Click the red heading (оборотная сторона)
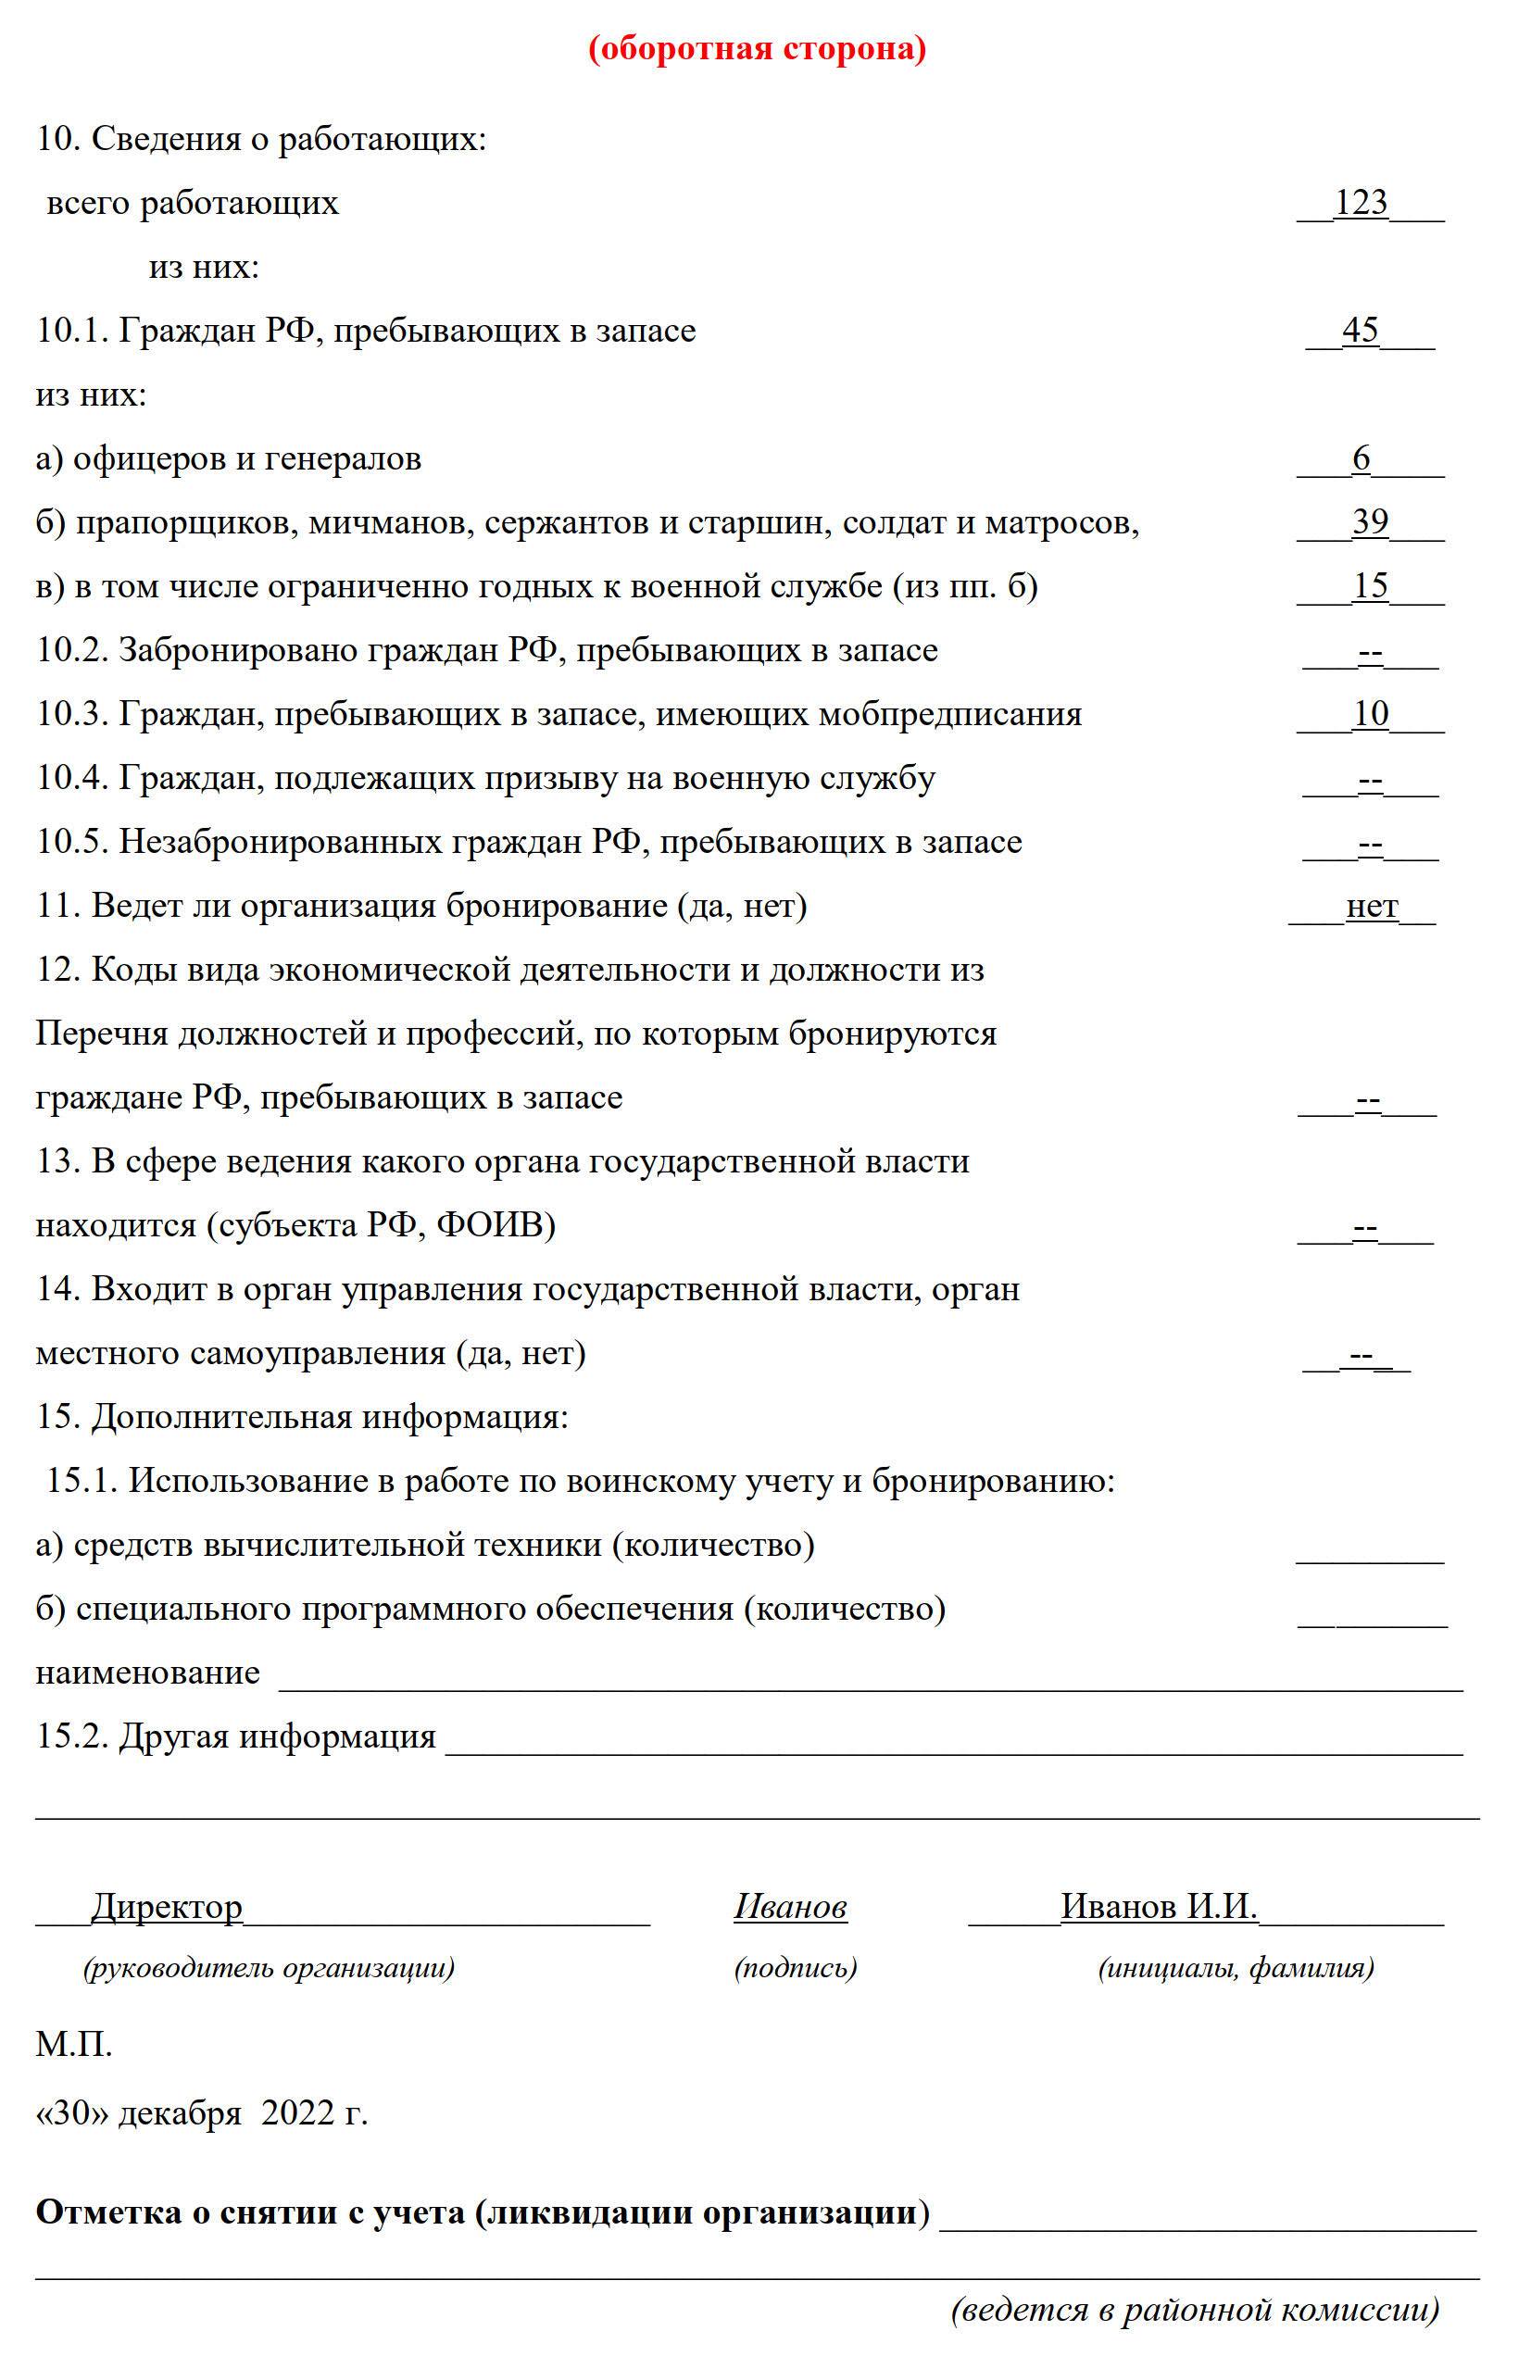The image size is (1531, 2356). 758,48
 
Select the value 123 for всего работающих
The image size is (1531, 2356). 1361,202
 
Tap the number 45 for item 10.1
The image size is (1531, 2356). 1361,330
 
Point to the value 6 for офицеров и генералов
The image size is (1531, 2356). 1362,458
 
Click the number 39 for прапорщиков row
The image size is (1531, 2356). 1371,521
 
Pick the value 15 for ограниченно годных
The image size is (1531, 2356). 1371,586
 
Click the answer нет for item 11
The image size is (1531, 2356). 1372,906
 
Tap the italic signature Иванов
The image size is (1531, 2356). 790,1907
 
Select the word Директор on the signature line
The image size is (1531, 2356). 167,1907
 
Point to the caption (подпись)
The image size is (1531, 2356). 796,1968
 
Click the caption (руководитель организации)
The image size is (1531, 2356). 270,1968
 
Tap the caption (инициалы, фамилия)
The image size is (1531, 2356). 1236,1968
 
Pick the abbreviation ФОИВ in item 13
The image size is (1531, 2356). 490,1225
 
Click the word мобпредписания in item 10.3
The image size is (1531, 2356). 949,714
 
